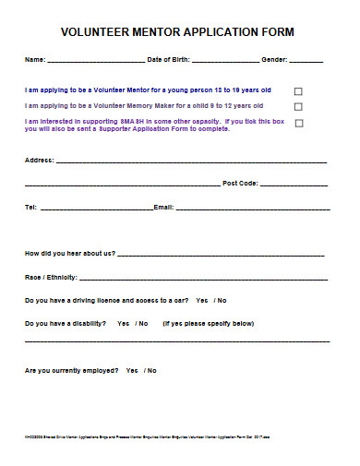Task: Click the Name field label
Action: pyautogui.click(x=34, y=60)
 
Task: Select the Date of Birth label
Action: pyautogui.click(x=169, y=60)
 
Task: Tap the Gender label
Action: pyautogui.click(x=275, y=60)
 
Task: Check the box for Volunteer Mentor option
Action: pyautogui.click(x=298, y=91)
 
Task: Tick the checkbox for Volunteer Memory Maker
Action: pyautogui.click(x=298, y=107)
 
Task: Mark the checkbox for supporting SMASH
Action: pyautogui.click(x=298, y=123)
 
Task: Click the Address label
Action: pyautogui.click(x=39, y=160)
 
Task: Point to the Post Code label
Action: pyautogui.click(x=241, y=184)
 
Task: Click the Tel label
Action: pyautogui.click(x=30, y=208)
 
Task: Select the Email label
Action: pyautogui.click(x=163, y=208)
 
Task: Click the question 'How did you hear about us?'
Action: pyautogui.click(x=70, y=253)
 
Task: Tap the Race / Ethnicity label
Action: pyautogui.click(x=52, y=277)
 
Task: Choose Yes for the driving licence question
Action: pyautogui.click(x=202, y=301)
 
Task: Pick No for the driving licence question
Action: pyautogui.click(x=222, y=301)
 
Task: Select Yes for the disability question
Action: pyautogui.click(x=123, y=324)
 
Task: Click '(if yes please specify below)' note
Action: pyautogui.click(x=209, y=324)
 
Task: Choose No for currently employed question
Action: pyautogui.click(x=151, y=371)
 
